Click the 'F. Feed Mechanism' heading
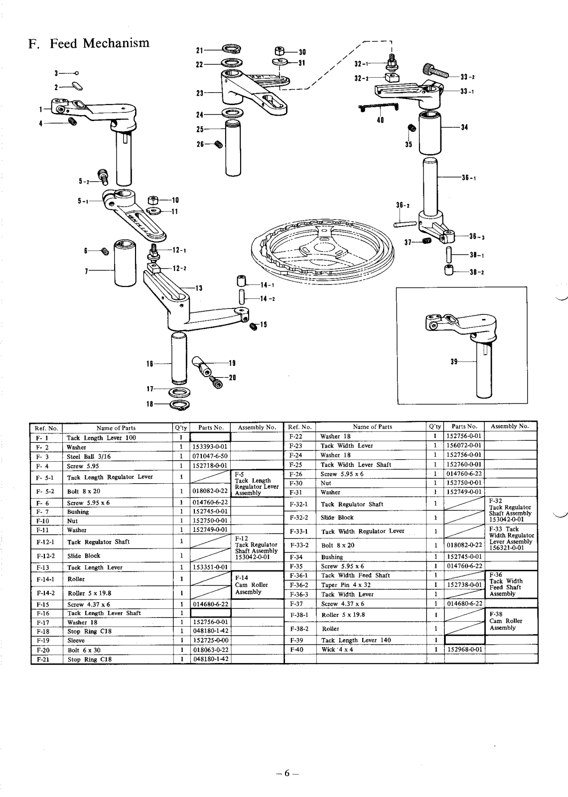(x=89, y=43)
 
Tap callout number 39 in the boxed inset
(x=454, y=362)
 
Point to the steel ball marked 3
(x=77, y=73)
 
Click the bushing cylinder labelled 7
(x=125, y=263)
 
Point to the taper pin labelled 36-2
(x=405, y=224)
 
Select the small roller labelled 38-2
(x=449, y=269)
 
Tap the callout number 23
(x=200, y=93)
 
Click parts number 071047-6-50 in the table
(x=210, y=456)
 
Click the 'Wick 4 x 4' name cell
(x=337, y=650)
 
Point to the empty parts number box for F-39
(x=464, y=640)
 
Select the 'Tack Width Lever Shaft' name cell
(x=356, y=465)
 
